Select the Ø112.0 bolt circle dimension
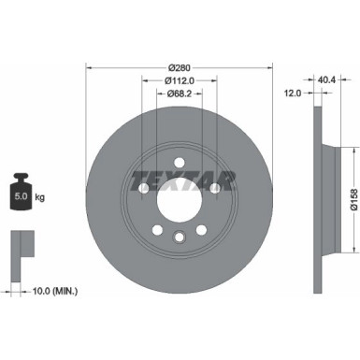(x=179, y=79)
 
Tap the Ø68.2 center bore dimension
(x=179, y=93)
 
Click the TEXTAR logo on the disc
(x=179, y=179)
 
